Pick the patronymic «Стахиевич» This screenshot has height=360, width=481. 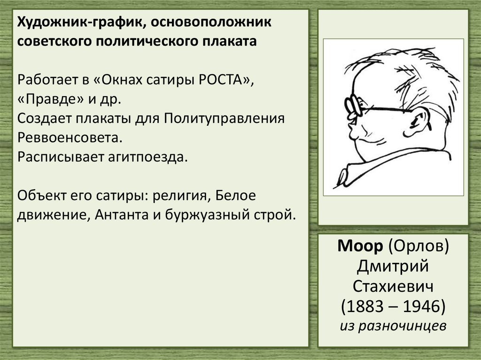pos(393,287)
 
